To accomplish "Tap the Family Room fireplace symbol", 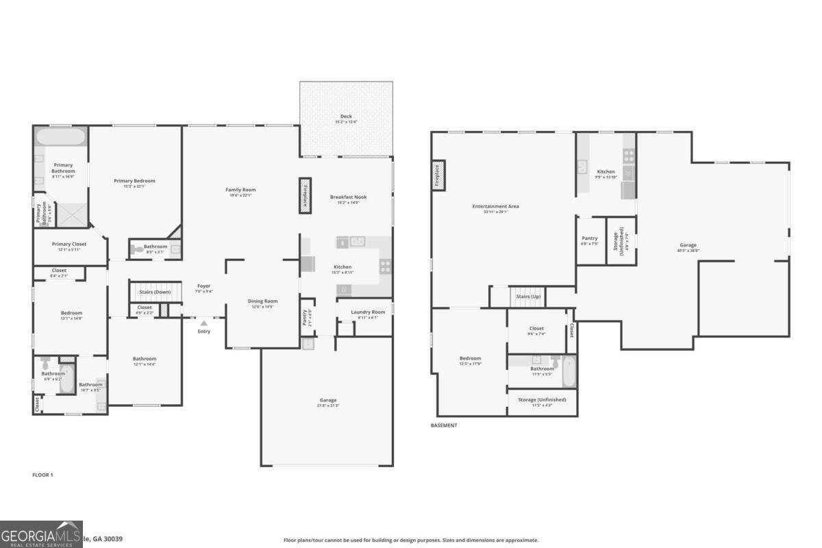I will point(305,192).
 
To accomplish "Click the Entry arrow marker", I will point(203,323).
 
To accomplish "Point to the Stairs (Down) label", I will point(155,292).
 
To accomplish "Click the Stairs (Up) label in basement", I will point(528,297).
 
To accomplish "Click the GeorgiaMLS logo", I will point(41,534).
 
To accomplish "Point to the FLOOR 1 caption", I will point(42,475).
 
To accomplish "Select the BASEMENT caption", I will point(444,425).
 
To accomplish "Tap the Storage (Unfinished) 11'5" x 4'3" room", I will point(541,401).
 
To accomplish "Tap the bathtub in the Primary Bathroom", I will point(61,136).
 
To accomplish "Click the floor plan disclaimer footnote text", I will point(411,540).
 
